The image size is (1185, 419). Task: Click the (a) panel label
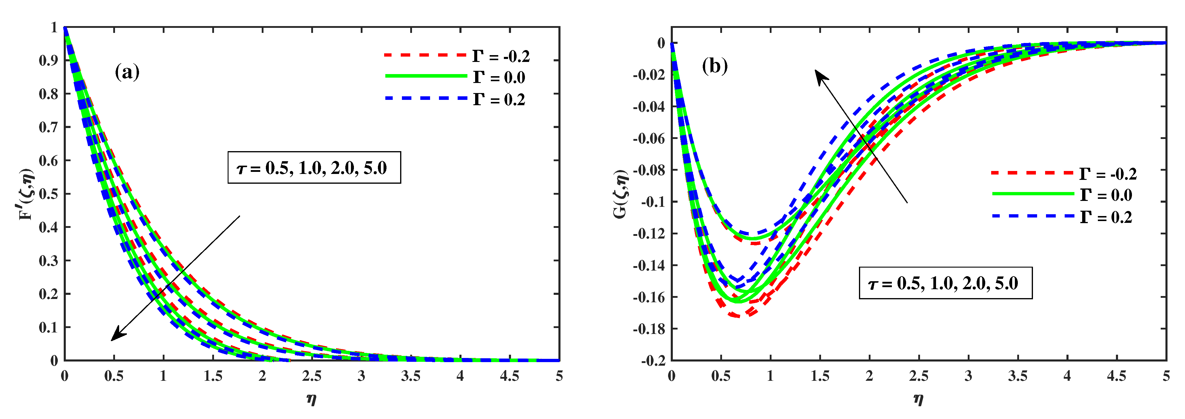pyautogui.click(x=127, y=73)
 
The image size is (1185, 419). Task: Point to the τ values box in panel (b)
pyautogui.click(x=945, y=283)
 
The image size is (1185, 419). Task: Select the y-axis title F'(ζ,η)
pyautogui.click(x=27, y=194)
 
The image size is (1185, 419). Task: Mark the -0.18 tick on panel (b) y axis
pyautogui.click(x=649, y=329)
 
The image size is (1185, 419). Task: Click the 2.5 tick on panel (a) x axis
pyautogui.click(x=312, y=376)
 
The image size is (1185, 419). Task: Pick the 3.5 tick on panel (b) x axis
pyautogui.click(x=1018, y=376)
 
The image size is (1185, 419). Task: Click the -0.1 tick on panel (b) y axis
pyautogui.click(x=653, y=202)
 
